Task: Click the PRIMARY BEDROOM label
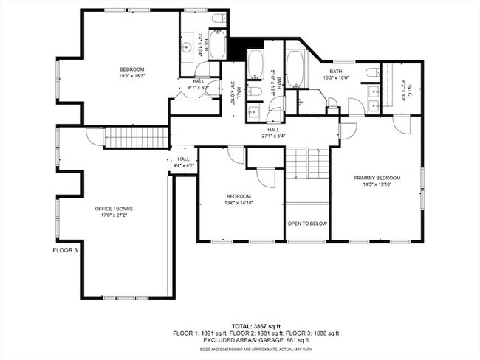pyautogui.click(x=377, y=178)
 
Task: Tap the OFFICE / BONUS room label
pyautogui.click(x=114, y=209)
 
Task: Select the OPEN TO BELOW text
pyautogui.click(x=307, y=224)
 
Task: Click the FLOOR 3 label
pyautogui.click(x=64, y=250)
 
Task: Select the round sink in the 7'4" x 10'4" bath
pyautogui.click(x=188, y=46)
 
